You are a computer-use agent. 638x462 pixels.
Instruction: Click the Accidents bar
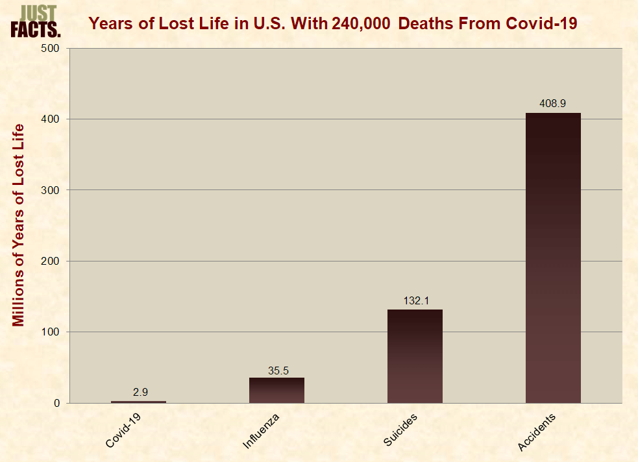coord(553,258)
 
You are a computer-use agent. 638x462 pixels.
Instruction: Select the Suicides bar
coord(415,356)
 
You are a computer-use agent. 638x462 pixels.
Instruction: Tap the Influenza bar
coord(276,390)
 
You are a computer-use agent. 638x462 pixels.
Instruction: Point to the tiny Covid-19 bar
coord(138,402)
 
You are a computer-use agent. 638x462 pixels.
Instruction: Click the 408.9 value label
coord(553,103)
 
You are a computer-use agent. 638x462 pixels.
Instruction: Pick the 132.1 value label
coord(415,300)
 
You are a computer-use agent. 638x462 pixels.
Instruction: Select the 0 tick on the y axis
coord(57,404)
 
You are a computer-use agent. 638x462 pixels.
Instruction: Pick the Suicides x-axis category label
coord(400,429)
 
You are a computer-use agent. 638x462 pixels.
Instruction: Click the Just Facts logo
coord(36,21)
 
